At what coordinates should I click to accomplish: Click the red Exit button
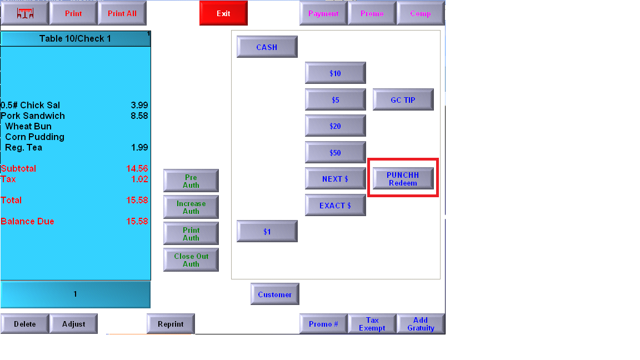pos(223,13)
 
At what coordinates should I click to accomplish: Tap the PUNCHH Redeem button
pos(403,179)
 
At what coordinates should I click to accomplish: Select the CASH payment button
pos(267,47)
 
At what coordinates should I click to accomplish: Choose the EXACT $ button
pos(335,206)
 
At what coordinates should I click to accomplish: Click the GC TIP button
pos(403,99)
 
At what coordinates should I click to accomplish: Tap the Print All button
pos(122,13)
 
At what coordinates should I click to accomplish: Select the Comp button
pos(421,13)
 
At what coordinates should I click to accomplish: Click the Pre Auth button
pos(191,181)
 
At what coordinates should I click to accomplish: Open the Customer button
pos(274,294)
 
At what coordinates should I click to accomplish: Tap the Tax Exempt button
pos(372,324)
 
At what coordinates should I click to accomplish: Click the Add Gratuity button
pos(421,324)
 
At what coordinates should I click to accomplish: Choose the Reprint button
pos(171,324)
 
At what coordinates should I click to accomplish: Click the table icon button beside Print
pos(25,13)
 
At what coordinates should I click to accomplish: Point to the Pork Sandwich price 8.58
pos(139,116)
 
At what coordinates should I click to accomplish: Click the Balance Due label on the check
pos(27,221)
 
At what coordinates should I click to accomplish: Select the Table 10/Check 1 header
pos(75,38)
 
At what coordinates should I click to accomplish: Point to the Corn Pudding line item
pos(34,137)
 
